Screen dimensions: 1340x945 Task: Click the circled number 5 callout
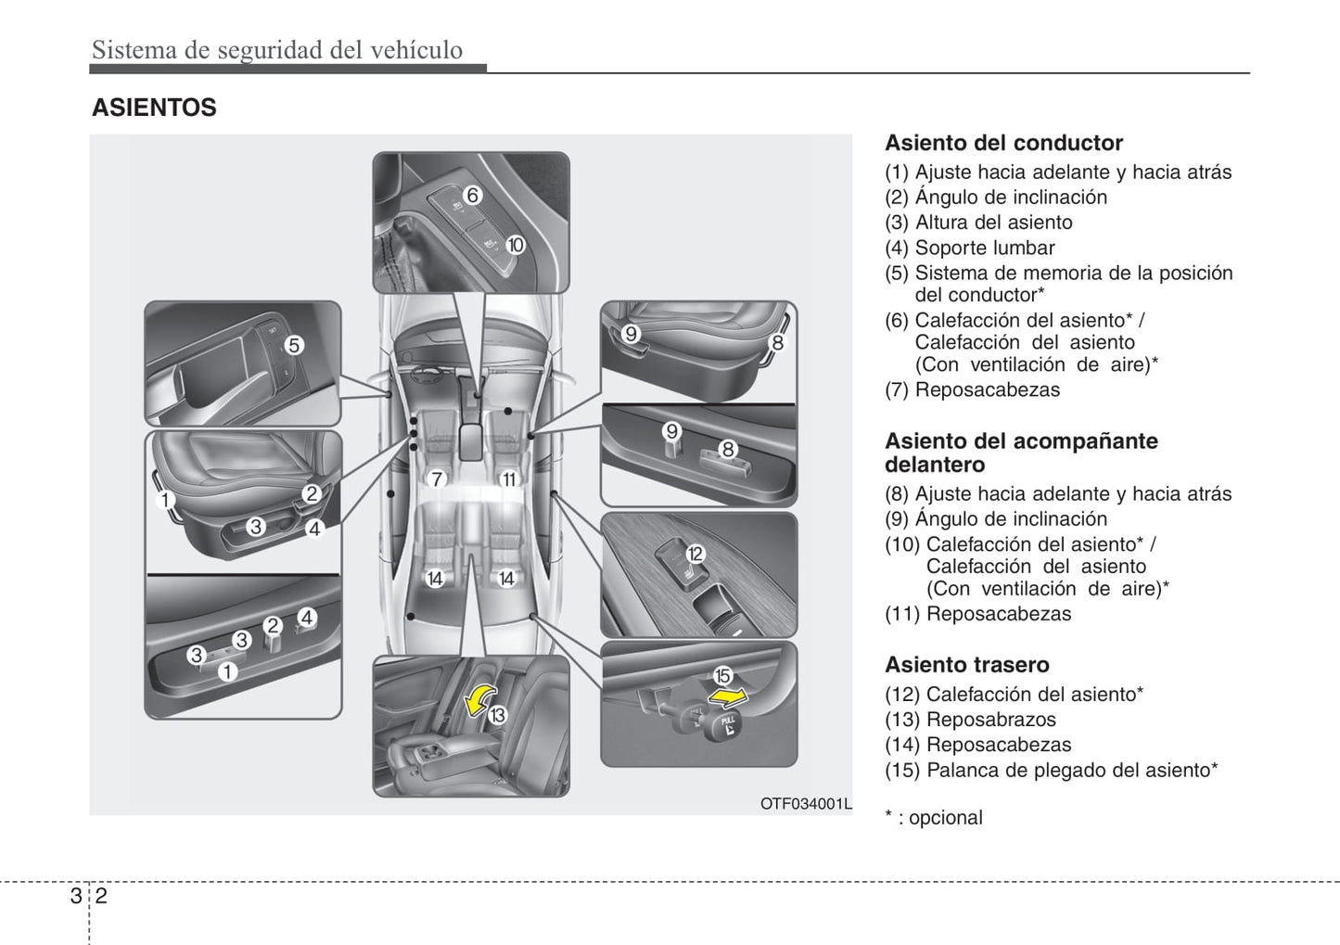[294, 345]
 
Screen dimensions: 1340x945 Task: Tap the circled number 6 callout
[473, 195]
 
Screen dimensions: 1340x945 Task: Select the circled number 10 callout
[515, 245]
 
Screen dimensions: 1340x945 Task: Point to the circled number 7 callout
[437, 479]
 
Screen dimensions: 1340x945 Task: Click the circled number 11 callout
[509, 479]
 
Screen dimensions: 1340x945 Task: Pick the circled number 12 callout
[695, 554]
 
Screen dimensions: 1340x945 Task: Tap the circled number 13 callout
[497, 715]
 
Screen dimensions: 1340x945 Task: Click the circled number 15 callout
[722, 675]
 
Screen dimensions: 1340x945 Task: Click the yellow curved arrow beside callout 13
[480, 700]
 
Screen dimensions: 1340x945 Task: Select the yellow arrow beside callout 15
[728, 697]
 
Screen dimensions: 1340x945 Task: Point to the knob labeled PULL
[724, 725]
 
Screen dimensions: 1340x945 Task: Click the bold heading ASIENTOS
[154, 108]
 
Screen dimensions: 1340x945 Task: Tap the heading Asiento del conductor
[1003, 143]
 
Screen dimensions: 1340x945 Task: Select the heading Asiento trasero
[966, 665]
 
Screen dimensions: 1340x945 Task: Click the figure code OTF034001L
[806, 804]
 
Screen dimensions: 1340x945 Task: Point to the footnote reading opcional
[945, 818]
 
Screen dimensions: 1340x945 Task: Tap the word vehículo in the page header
[416, 50]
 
